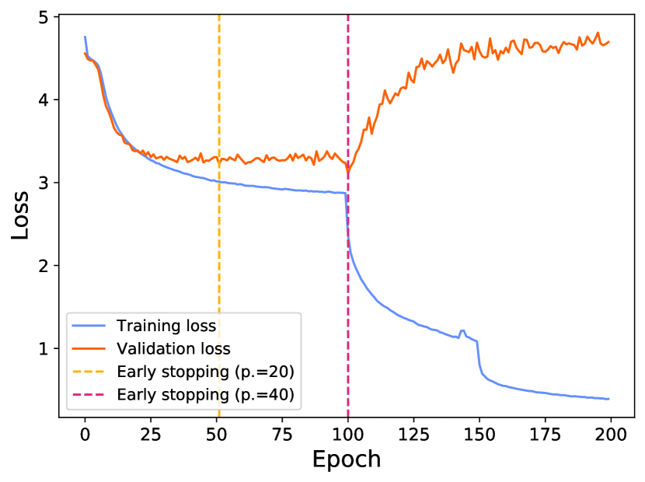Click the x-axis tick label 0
pos(85,432)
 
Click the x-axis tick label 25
pos(151,432)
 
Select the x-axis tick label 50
pos(216,432)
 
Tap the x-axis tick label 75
pos(282,432)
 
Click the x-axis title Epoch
pos(347,459)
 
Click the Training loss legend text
pos(166,325)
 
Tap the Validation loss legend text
pos(173,348)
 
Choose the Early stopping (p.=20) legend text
pos(205,371)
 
